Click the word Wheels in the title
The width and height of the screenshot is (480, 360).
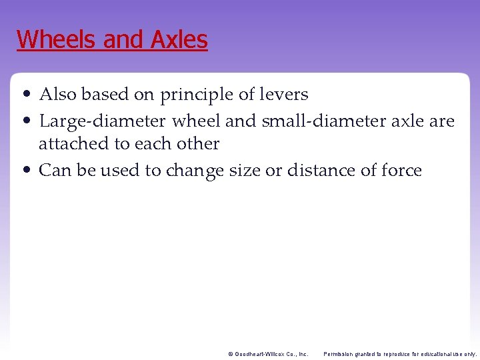coord(57,39)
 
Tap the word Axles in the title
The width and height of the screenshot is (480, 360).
coord(179,39)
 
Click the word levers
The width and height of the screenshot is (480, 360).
coord(285,95)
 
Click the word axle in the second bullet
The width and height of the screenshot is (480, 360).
coord(405,122)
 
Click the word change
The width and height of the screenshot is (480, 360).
coord(195,171)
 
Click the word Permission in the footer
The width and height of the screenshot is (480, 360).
coord(339,354)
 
